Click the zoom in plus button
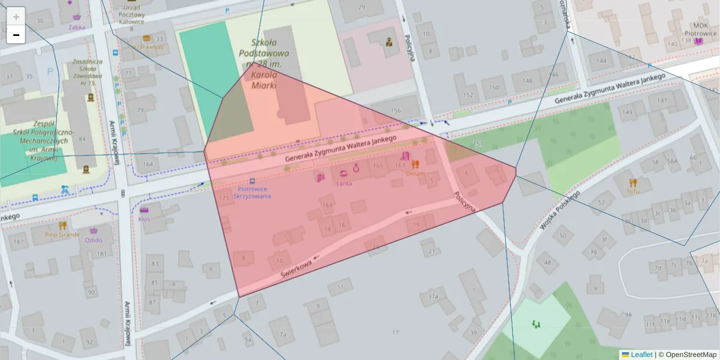point(16,16)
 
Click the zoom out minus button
point(16,35)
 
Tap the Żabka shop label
point(77,27)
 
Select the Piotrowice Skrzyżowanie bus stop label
point(252,192)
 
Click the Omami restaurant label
point(415,173)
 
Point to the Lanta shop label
point(344,184)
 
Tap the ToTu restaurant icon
point(632,182)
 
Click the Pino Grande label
point(62,235)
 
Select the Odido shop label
point(94,240)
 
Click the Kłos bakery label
point(144,219)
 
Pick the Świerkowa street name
point(298,268)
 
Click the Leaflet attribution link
point(641,355)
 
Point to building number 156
point(395,110)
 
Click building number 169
point(327,205)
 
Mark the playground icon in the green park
point(536,324)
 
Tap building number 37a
point(433,296)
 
